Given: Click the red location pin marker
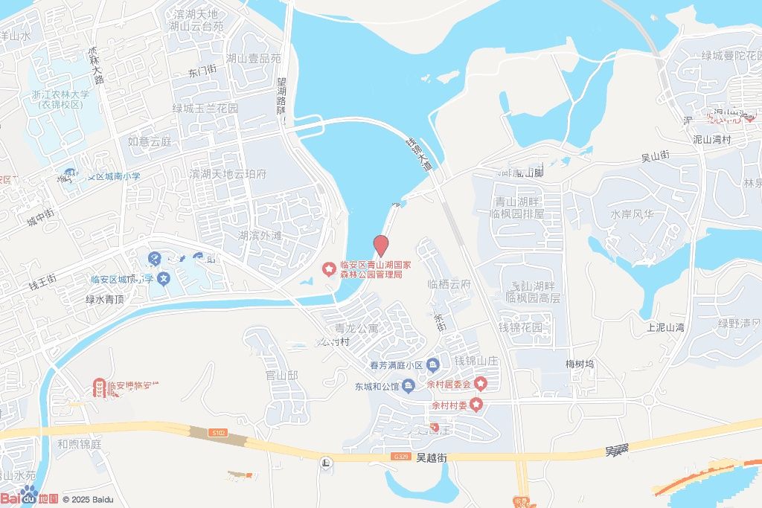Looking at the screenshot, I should click(380, 245).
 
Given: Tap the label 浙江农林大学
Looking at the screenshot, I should click(60, 94).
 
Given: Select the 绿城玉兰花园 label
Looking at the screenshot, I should click(205, 109).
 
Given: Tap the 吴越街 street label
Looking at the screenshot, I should click(432, 458).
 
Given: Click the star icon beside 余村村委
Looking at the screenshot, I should click(476, 405).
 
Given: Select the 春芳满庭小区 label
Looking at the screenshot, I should click(396, 365).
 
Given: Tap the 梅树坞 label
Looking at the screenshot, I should click(580, 364).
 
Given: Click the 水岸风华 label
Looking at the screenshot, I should click(632, 214).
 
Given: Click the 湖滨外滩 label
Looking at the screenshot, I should click(260, 236).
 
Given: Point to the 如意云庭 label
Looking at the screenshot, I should click(150, 141).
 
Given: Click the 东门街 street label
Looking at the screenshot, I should click(202, 72).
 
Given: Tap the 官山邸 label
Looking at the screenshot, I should click(281, 376).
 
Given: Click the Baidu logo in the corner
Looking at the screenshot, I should click(30, 497).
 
